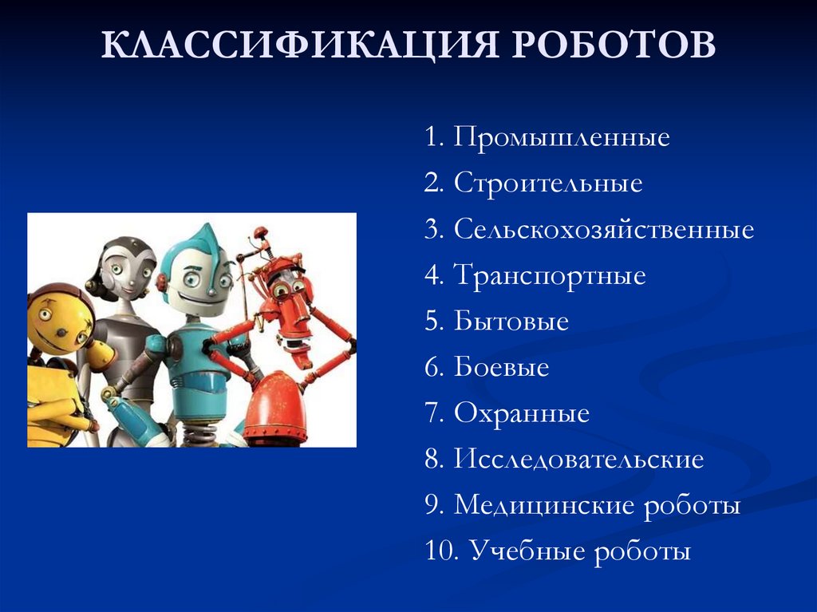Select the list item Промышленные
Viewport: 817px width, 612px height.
pyautogui.click(x=562, y=138)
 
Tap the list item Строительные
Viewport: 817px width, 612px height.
pyautogui.click(x=548, y=184)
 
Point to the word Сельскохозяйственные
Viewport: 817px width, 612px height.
pyautogui.click(x=604, y=231)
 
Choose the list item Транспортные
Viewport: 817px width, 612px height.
pyautogui.click(x=550, y=277)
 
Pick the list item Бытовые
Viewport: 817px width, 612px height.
pyautogui.click(x=511, y=322)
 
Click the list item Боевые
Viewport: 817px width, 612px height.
pyautogui.click(x=502, y=368)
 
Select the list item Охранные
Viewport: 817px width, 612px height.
pyautogui.click(x=522, y=414)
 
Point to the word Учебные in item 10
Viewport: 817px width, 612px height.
pyautogui.click(x=527, y=552)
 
